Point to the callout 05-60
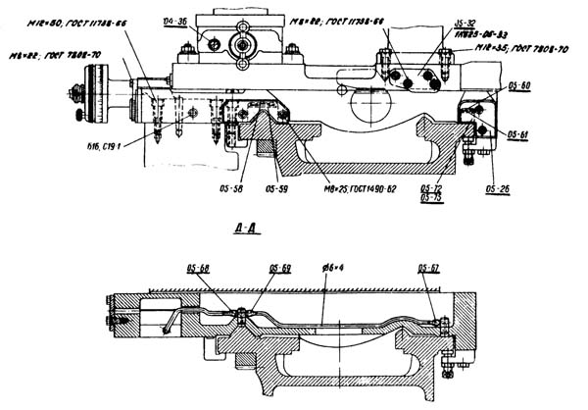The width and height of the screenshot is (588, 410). [x=518, y=86]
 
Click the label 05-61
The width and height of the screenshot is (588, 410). [x=518, y=132]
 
